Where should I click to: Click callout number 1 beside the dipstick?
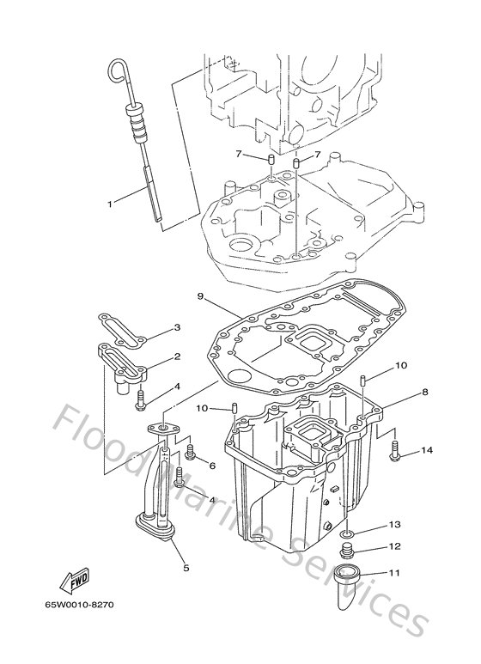(x=110, y=204)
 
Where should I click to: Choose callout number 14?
(x=428, y=450)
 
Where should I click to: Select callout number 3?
(x=176, y=328)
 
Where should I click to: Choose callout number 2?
(x=176, y=356)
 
